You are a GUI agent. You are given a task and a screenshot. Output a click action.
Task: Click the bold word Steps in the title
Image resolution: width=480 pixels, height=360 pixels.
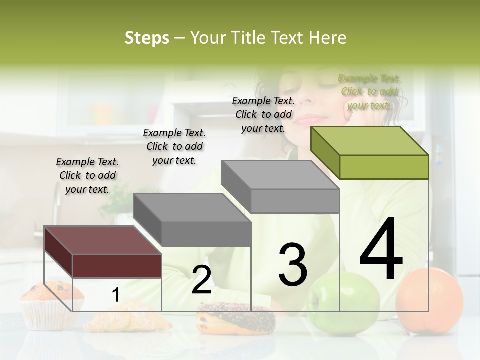tap(147, 38)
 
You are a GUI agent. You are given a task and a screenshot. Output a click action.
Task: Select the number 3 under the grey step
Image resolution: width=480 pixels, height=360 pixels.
tap(292, 265)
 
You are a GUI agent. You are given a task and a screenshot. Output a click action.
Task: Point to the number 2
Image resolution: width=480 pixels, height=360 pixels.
tap(201, 280)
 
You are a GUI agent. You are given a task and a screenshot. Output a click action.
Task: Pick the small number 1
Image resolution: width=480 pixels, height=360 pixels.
tap(115, 295)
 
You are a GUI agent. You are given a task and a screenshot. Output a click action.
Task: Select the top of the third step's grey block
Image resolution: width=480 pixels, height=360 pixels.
tap(280, 174)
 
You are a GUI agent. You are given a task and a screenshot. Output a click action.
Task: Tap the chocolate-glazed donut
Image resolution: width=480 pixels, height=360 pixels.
tap(236, 318)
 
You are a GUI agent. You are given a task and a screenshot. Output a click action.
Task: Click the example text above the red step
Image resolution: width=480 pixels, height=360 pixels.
tap(87, 175)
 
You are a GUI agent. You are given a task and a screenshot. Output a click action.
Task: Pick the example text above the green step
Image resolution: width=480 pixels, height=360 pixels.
tap(369, 92)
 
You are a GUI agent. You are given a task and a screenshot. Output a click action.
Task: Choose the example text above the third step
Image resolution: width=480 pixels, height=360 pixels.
tap(263, 114)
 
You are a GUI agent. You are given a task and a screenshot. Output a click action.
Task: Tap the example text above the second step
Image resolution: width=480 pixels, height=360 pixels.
tap(174, 146)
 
